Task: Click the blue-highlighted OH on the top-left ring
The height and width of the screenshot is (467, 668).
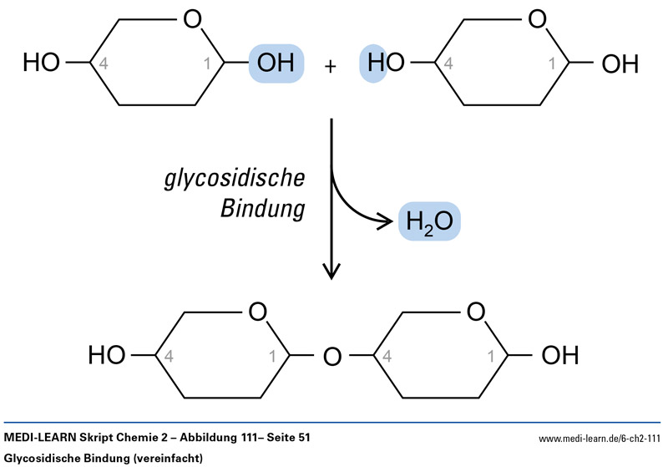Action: tap(276, 63)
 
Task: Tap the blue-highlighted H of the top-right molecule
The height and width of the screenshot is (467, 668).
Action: tap(372, 63)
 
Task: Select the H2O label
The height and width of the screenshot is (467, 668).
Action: tap(429, 223)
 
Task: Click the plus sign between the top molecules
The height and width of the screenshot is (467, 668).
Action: tap(331, 66)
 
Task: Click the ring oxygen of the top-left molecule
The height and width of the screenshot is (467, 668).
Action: tap(193, 18)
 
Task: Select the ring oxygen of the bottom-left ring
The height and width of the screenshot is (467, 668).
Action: tap(257, 312)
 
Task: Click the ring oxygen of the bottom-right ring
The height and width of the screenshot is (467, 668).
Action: tap(476, 312)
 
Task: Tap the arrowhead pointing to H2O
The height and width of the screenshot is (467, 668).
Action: tap(386, 221)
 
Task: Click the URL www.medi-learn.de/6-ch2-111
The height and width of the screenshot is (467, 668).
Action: tap(600, 439)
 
